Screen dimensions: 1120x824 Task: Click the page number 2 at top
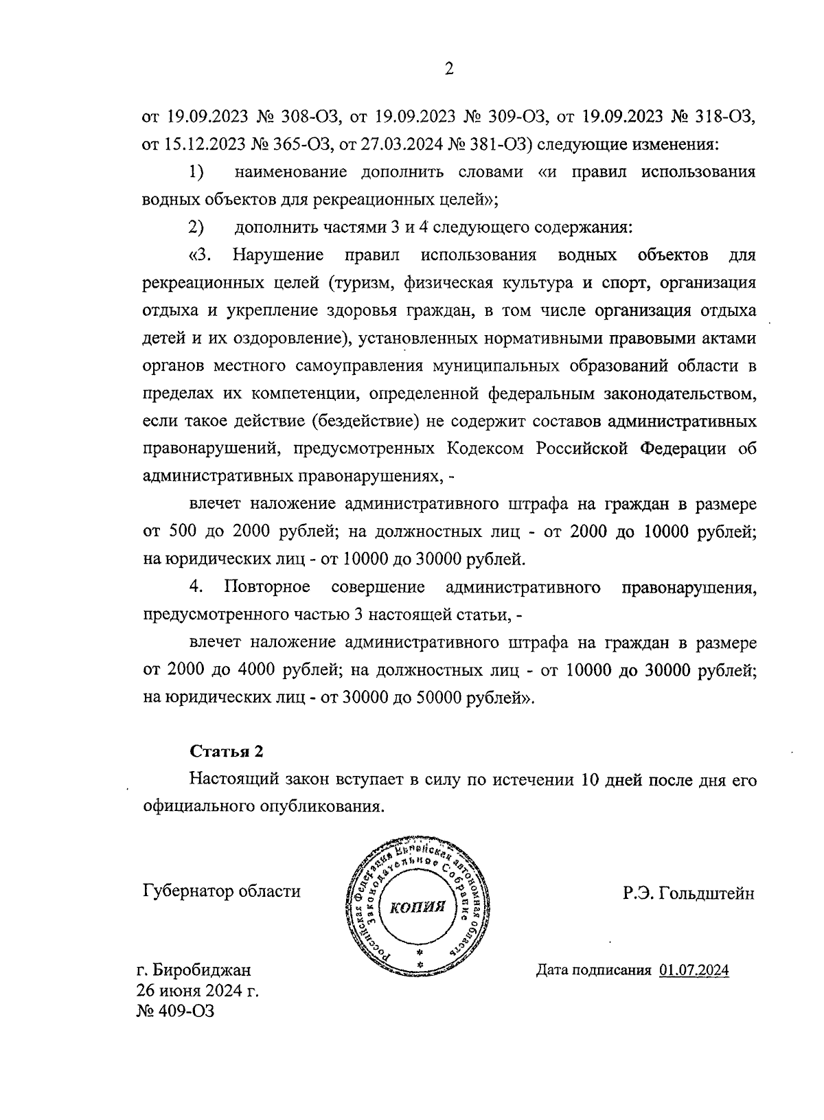click(449, 68)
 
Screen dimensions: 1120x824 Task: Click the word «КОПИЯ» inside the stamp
click(417, 907)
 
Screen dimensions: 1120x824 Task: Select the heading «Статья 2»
click(226, 751)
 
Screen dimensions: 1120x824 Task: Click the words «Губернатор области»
click(221, 891)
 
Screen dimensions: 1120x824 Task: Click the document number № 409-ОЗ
click(175, 1012)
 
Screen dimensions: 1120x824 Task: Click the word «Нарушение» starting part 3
click(278, 255)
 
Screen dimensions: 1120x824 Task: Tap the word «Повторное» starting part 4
click(266, 587)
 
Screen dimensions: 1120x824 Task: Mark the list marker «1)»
click(196, 172)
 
